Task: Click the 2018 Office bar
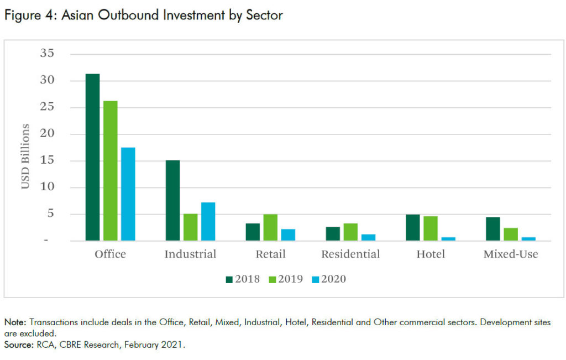(93, 157)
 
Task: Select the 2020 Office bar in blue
(128, 194)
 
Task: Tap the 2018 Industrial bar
(172, 200)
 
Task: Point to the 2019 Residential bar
(350, 232)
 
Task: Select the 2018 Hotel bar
(413, 227)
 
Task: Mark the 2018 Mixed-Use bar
(493, 229)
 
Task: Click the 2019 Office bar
(111, 171)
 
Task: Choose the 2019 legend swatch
(272, 279)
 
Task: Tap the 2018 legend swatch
(229, 279)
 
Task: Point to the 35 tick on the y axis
(48, 54)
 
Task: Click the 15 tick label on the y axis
(48, 161)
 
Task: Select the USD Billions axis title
(26, 156)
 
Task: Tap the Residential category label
(350, 255)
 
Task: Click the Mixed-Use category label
(510, 255)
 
